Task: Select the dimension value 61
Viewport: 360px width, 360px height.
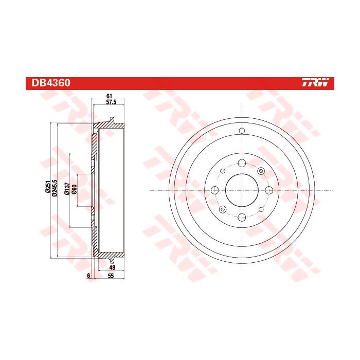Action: coord(109,96)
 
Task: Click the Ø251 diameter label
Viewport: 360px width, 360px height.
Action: coord(47,189)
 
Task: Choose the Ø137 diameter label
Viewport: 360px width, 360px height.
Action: coord(67,190)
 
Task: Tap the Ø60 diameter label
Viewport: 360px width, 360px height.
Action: coord(74,190)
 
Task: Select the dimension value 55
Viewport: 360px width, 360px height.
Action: coord(110,276)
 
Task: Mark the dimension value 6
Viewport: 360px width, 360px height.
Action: coord(89,276)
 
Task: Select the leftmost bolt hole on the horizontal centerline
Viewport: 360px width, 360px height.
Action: coord(213,190)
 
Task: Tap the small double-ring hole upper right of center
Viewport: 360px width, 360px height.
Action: coord(260,170)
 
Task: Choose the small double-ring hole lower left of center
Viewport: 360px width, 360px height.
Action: coord(222,209)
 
